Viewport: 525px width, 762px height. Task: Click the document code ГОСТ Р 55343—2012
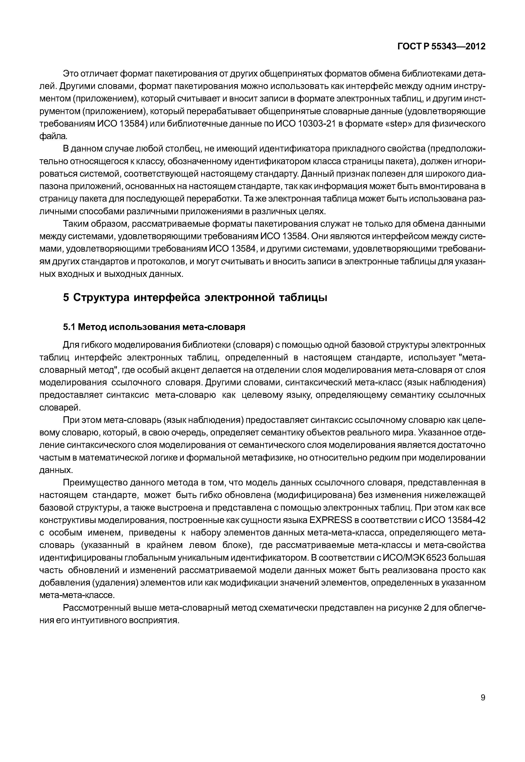(x=441, y=46)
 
